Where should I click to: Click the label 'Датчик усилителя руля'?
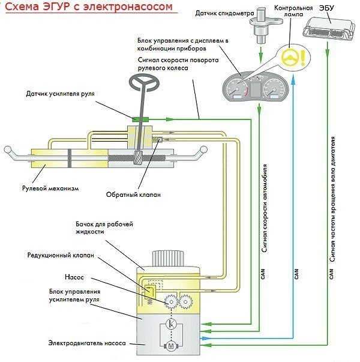(x=59, y=95)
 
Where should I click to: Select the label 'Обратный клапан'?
(x=133, y=195)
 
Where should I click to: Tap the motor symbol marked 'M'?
(x=170, y=346)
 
